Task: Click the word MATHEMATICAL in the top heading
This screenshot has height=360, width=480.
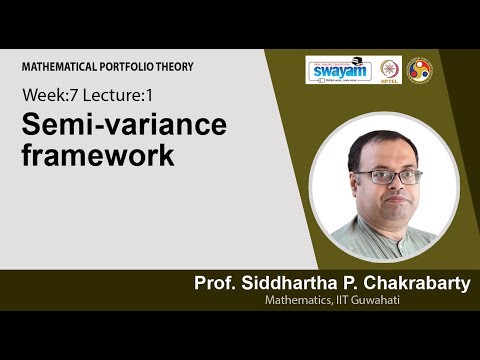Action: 57,67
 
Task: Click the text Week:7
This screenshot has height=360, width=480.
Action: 46,96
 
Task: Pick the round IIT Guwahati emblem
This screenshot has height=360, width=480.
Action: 420,70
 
